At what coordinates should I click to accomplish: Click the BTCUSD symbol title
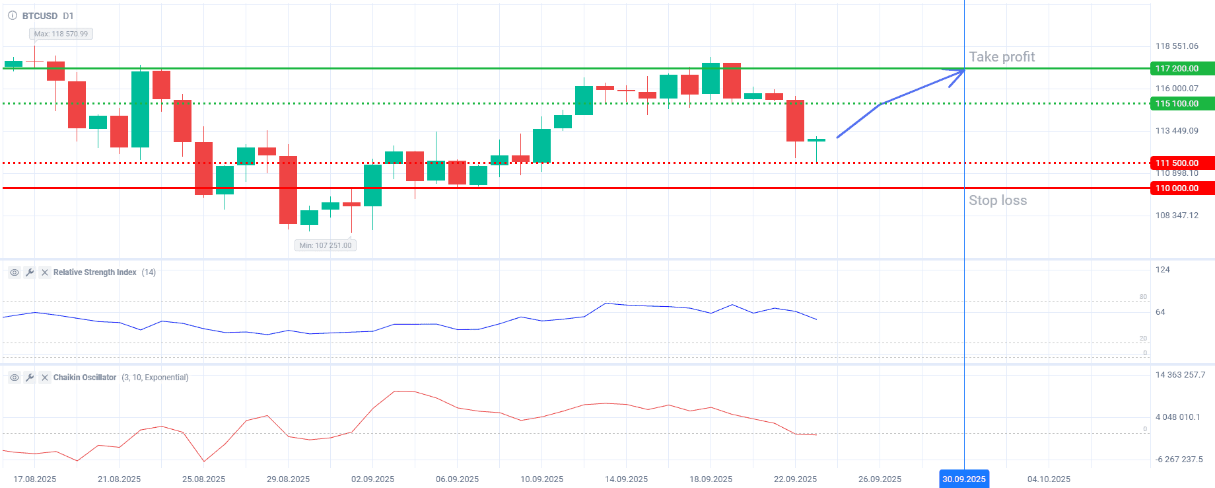point(40,16)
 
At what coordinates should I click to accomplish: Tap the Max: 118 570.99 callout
point(61,34)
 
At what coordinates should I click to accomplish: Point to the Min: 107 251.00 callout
point(326,245)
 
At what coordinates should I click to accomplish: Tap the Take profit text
point(1002,57)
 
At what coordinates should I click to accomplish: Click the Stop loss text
point(998,200)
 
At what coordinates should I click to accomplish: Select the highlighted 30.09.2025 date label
point(964,479)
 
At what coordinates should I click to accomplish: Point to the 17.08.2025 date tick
point(35,479)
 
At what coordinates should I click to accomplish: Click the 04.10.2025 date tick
point(1049,479)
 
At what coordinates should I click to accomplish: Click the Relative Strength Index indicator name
point(95,272)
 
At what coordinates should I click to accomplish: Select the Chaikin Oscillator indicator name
point(85,378)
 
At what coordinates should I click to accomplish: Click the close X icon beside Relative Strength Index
point(45,272)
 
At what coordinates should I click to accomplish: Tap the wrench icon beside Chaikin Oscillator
point(30,378)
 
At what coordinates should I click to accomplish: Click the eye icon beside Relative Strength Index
point(15,272)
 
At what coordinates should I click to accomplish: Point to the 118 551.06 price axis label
point(1177,46)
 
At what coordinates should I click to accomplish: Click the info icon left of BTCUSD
point(13,16)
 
